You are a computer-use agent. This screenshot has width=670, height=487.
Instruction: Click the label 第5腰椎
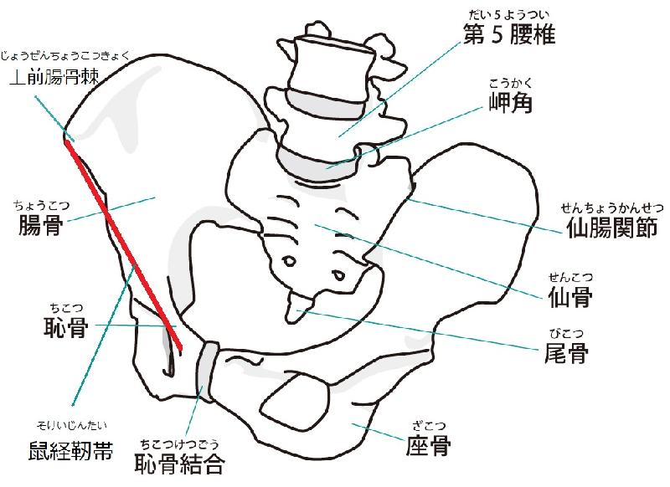509,34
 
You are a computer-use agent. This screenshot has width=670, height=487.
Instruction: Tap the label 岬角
510,102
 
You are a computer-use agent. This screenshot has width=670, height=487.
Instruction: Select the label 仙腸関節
611,227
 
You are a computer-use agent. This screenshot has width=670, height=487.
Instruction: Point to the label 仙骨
570,297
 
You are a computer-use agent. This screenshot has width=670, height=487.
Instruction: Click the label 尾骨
566,352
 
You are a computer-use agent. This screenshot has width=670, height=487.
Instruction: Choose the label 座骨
428,445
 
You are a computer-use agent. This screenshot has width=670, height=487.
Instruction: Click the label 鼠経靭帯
70,450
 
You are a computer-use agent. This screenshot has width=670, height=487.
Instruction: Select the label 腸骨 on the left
41,225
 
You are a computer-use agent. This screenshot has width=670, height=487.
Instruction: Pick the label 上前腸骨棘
54,77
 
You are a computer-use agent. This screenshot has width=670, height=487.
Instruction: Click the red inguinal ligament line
123,244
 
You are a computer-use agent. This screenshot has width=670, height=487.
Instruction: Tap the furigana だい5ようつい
509,15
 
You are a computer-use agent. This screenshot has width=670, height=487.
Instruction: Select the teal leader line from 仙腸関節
485,217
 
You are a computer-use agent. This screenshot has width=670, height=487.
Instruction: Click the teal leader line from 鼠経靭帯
104,335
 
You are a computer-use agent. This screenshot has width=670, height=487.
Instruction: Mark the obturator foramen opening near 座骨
296,399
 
